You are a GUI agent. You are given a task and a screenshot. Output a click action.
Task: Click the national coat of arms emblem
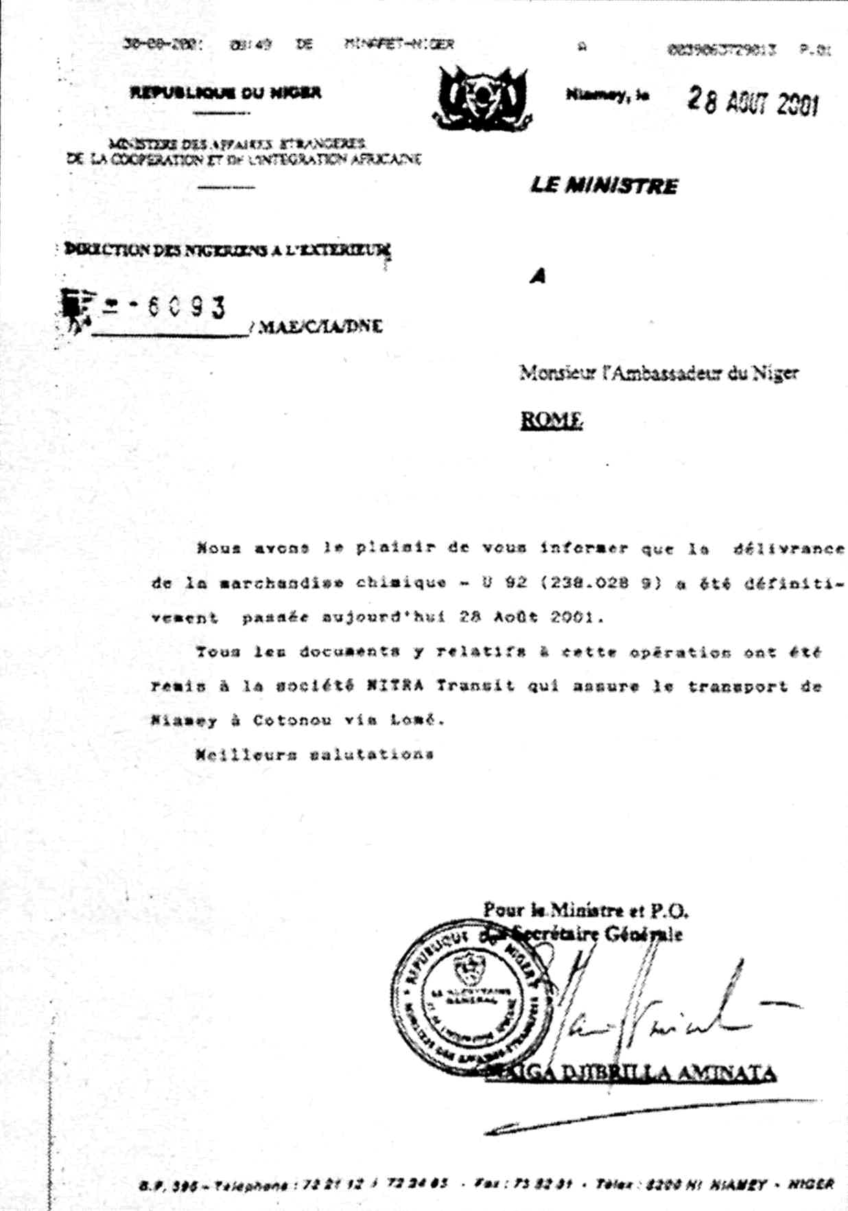[x=483, y=98]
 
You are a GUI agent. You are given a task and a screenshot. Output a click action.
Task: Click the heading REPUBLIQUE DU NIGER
[x=225, y=93]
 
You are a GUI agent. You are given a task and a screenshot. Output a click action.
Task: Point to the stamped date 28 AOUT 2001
[x=753, y=102]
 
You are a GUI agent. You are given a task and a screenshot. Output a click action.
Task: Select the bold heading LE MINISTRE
[x=604, y=185]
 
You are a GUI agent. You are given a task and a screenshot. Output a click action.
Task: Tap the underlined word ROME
[x=552, y=419]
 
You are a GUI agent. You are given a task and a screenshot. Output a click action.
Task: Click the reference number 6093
[x=185, y=307]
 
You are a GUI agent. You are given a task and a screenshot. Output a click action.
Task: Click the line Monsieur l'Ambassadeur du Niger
[x=659, y=373]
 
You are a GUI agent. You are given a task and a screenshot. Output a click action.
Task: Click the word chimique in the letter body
[x=401, y=583]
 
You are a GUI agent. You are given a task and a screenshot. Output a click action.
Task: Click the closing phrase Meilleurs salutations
[x=314, y=754]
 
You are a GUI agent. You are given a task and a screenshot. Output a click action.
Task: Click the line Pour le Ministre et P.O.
[x=585, y=910]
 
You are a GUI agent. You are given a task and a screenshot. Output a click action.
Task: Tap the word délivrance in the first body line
[x=788, y=549]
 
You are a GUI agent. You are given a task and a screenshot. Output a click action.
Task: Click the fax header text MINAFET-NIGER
[x=399, y=44]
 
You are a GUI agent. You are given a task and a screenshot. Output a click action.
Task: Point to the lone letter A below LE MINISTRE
[x=538, y=276]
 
